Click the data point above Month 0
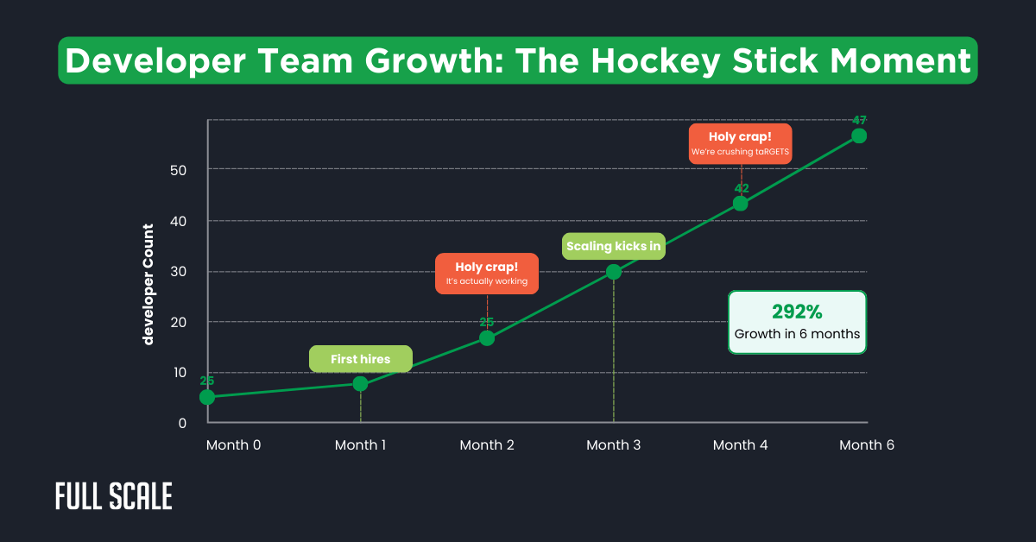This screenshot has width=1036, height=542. [207, 397]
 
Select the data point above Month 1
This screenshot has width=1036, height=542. [361, 383]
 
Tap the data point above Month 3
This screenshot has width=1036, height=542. [614, 272]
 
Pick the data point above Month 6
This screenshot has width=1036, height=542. [859, 135]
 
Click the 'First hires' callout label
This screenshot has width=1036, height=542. [360, 359]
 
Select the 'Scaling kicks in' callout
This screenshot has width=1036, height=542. [614, 246]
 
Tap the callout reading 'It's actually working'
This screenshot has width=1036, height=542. [487, 274]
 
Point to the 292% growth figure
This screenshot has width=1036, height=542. [796, 311]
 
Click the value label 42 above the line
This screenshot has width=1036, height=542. [741, 188]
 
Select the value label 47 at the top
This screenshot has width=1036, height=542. [859, 120]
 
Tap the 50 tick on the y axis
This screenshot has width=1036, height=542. [179, 170]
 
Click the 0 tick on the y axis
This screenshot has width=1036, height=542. [182, 423]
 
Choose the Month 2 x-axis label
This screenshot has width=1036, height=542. [487, 445]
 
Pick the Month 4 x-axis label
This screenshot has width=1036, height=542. [740, 445]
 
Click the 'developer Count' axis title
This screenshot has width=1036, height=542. [148, 284]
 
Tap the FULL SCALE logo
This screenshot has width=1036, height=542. [114, 496]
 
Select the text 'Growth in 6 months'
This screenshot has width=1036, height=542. [797, 334]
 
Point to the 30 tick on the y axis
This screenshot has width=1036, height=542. [179, 271]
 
